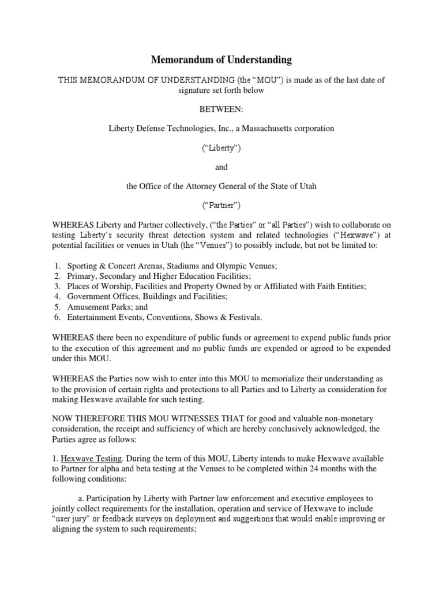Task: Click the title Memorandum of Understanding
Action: pos(221,60)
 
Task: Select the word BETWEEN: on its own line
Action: pos(221,109)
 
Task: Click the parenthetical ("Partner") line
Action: pos(221,206)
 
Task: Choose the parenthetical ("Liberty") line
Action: pos(221,147)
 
